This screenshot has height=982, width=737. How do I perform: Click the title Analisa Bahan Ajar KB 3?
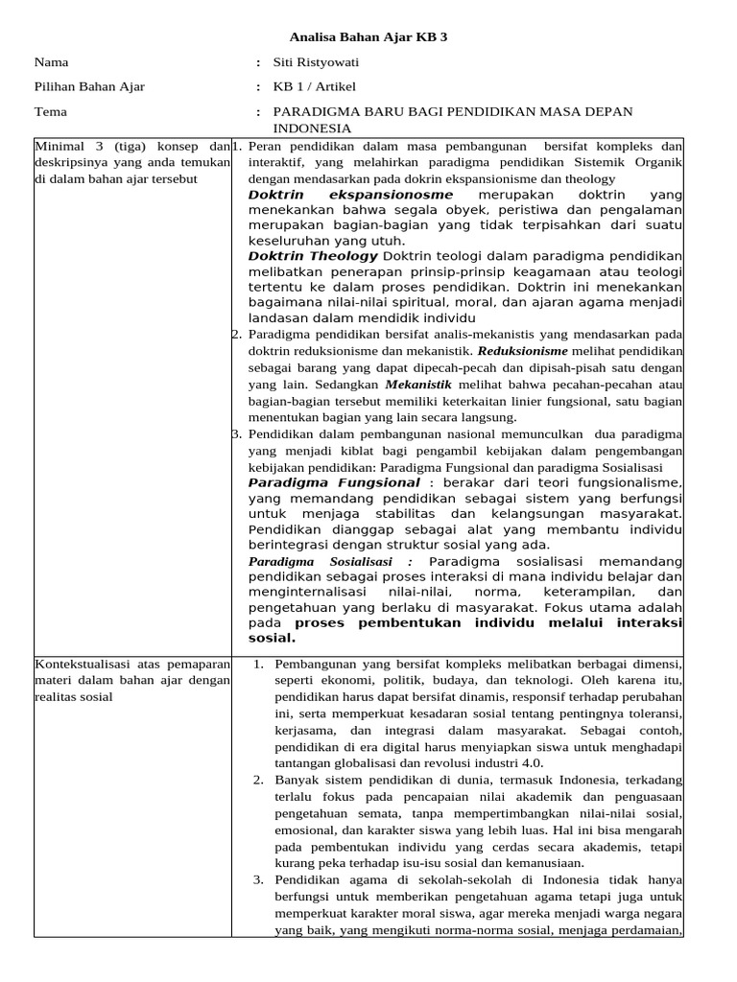[368, 37]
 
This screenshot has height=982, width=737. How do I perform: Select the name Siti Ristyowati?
[318, 62]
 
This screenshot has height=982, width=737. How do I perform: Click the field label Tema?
[50, 111]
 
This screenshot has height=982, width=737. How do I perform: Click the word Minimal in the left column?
[60, 146]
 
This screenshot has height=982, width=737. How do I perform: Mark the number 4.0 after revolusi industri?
[529, 761]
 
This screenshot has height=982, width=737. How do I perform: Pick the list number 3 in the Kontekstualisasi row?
[258, 878]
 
